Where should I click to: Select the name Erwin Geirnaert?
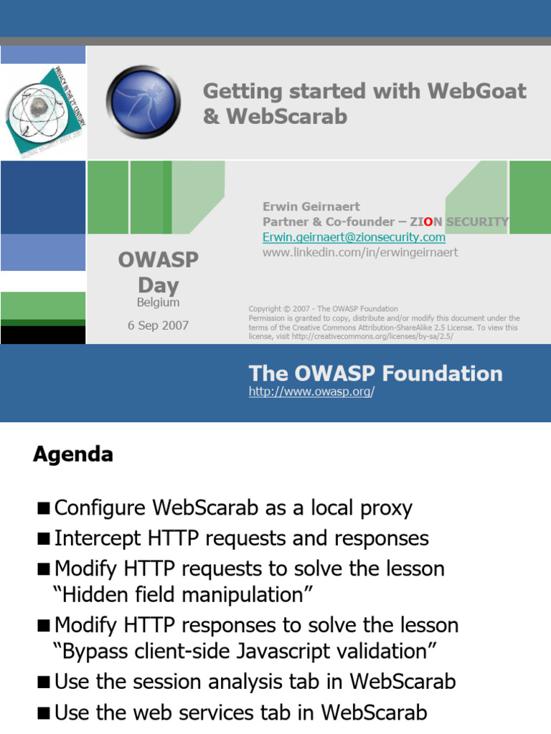point(311,206)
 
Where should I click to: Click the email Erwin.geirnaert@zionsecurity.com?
point(354,237)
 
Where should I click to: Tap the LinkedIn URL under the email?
point(360,252)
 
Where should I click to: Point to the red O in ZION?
point(428,221)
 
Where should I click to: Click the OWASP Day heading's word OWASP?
point(159,259)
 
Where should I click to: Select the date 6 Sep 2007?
point(158,325)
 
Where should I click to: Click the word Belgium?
point(159,302)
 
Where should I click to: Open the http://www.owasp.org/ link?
point(311,392)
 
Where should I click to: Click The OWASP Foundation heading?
point(375,373)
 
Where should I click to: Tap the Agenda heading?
point(72,454)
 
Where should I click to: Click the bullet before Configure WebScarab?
point(44,509)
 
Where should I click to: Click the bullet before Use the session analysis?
point(44,682)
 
